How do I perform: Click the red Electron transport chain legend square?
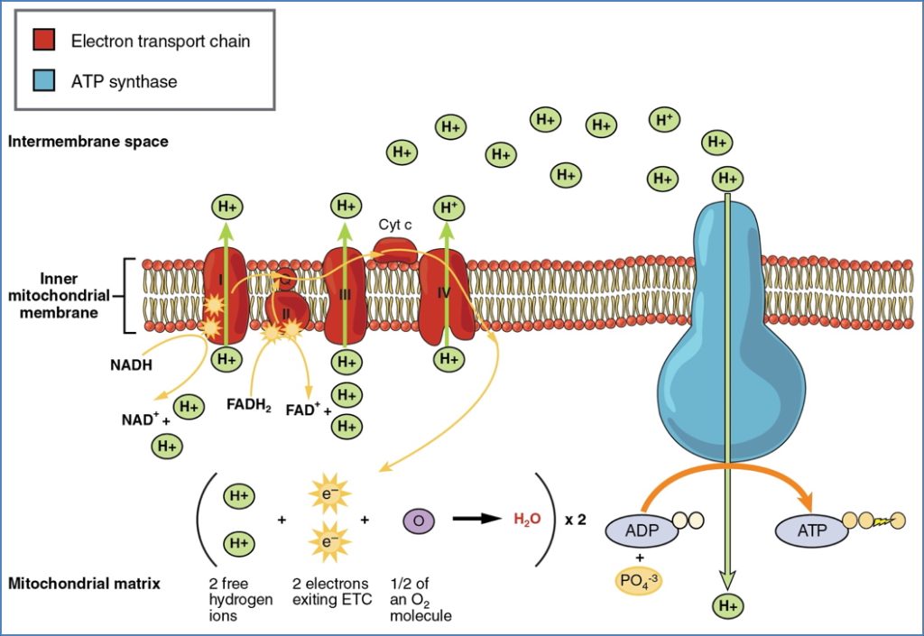[43, 41]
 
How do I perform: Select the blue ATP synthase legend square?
[43, 82]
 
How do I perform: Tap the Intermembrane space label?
[88, 142]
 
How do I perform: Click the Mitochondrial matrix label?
[84, 583]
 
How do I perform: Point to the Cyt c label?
[395, 224]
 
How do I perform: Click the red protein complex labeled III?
[344, 293]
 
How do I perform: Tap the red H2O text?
[527, 520]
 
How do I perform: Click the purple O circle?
[418, 520]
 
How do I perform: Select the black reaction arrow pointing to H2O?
[476, 520]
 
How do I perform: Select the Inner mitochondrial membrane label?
[63, 295]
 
